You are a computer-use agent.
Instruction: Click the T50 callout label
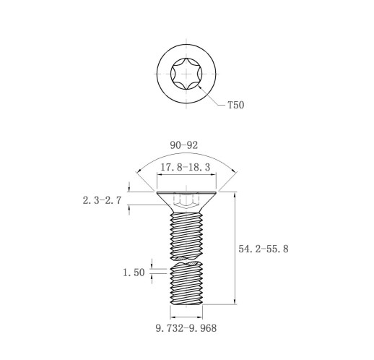click(236, 105)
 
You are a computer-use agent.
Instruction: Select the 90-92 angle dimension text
click(184, 145)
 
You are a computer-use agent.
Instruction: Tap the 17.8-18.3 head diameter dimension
click(186, 167)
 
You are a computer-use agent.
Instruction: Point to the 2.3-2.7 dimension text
click(102, 200)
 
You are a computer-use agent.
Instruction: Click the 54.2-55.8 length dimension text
click(264, 249)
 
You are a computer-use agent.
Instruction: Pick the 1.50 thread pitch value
click(134, 273)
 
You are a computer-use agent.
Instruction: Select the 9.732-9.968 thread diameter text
click(186, 328)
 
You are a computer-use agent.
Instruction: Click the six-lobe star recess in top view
click(186, 74)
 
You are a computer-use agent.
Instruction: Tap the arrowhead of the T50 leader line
click(200, 87)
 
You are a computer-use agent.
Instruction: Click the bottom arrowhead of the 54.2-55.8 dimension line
click(235, 301)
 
